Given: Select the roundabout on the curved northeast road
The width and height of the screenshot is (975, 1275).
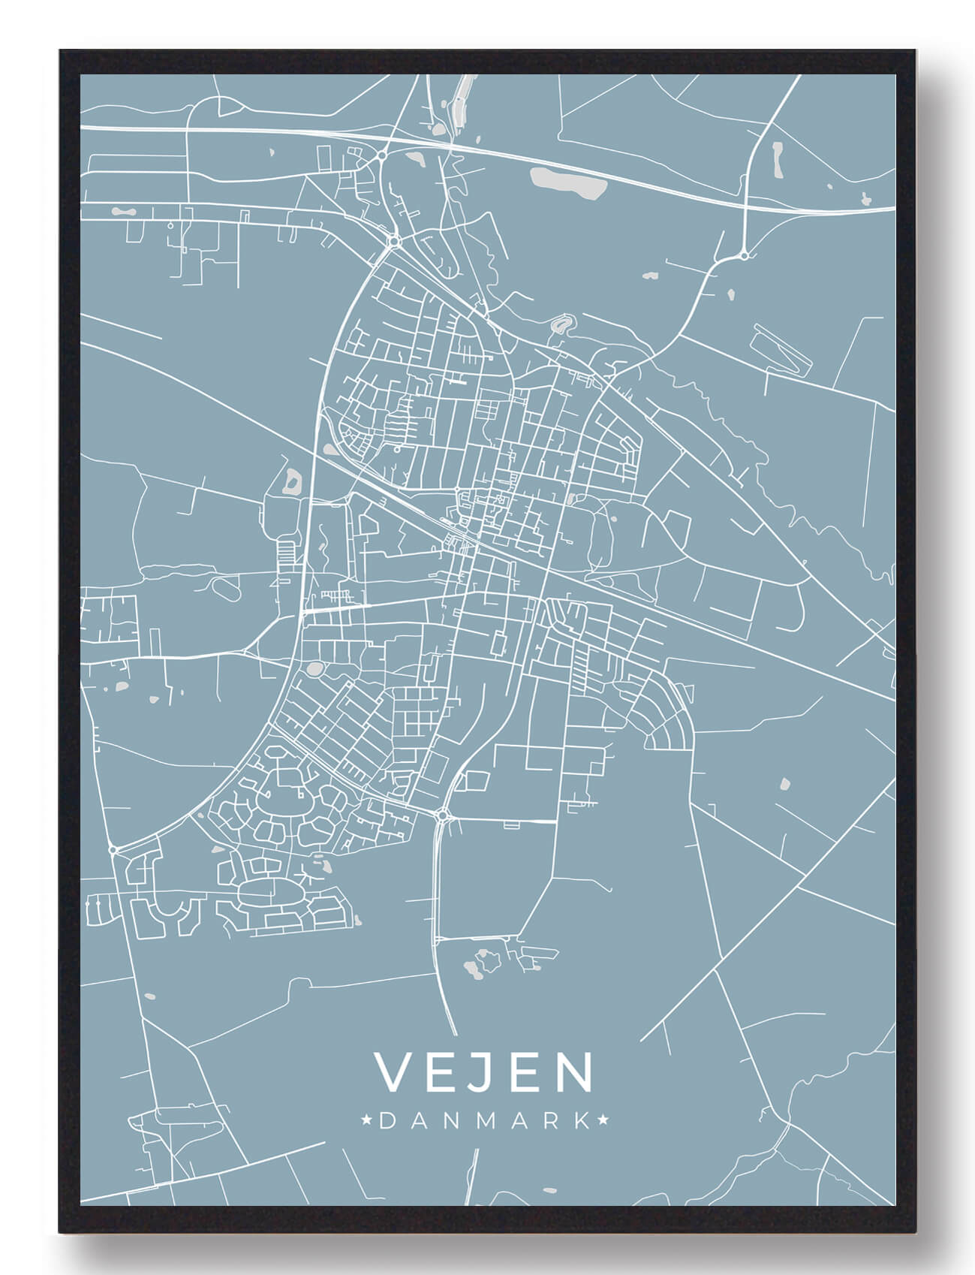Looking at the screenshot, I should coord(743,256).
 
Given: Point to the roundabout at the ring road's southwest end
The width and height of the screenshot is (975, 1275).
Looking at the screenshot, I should coord(113,849).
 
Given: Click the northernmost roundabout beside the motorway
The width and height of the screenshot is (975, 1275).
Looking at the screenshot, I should coord(383,155).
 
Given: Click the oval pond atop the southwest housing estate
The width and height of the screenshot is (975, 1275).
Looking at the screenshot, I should coord(313,668).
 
